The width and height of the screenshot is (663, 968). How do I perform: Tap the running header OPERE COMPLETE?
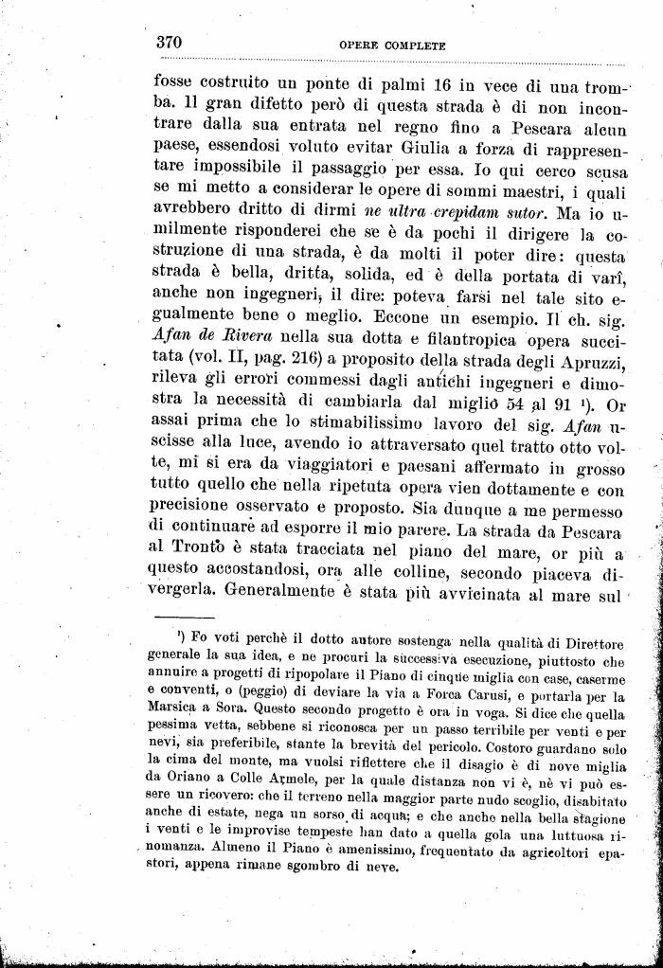391,45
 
